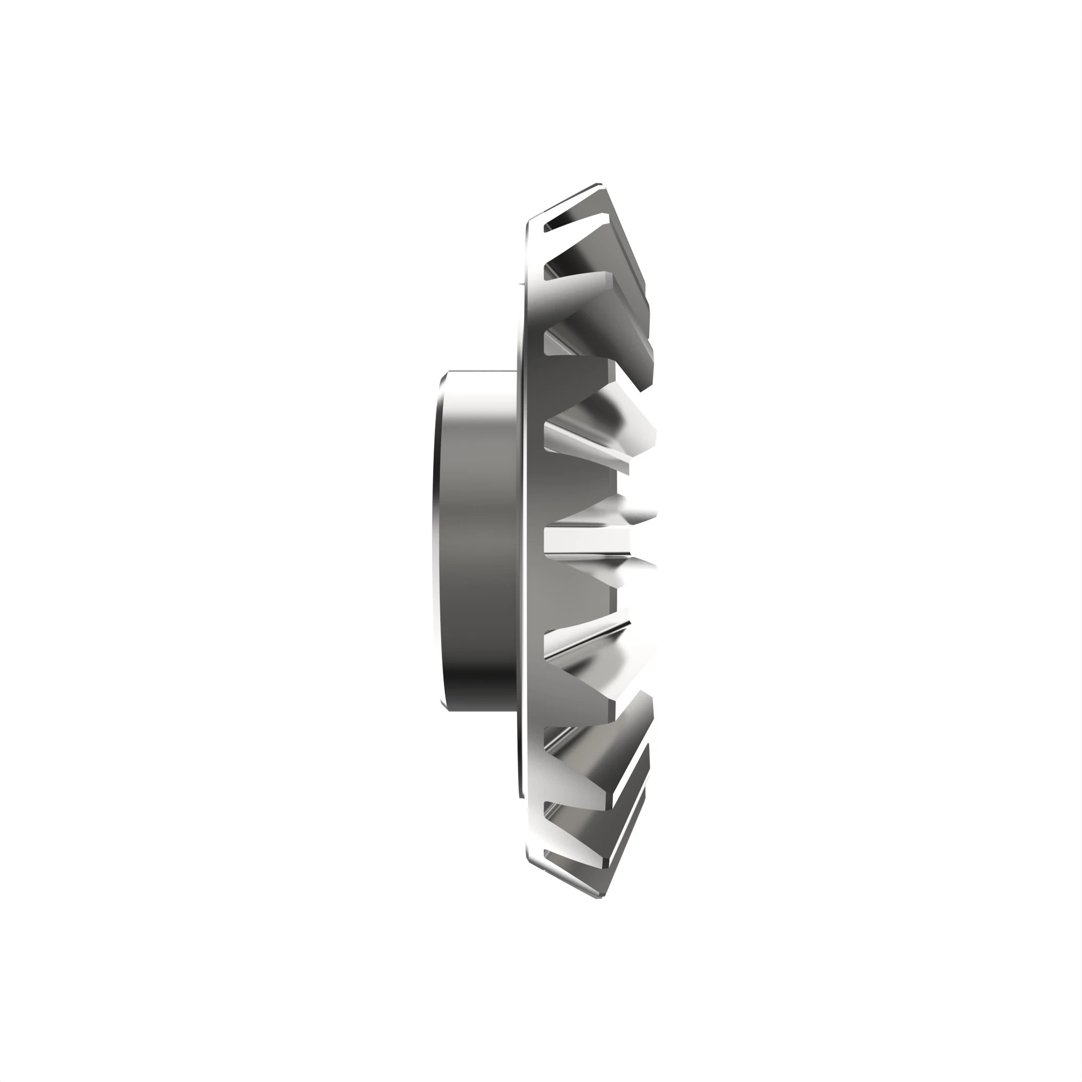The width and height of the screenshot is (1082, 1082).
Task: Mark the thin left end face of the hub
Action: click(x=437, y=540)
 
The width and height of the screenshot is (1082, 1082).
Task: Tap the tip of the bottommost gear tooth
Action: click(x=599, y=896)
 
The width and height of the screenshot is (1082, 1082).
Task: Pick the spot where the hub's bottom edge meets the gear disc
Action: click(x=516, y=710)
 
